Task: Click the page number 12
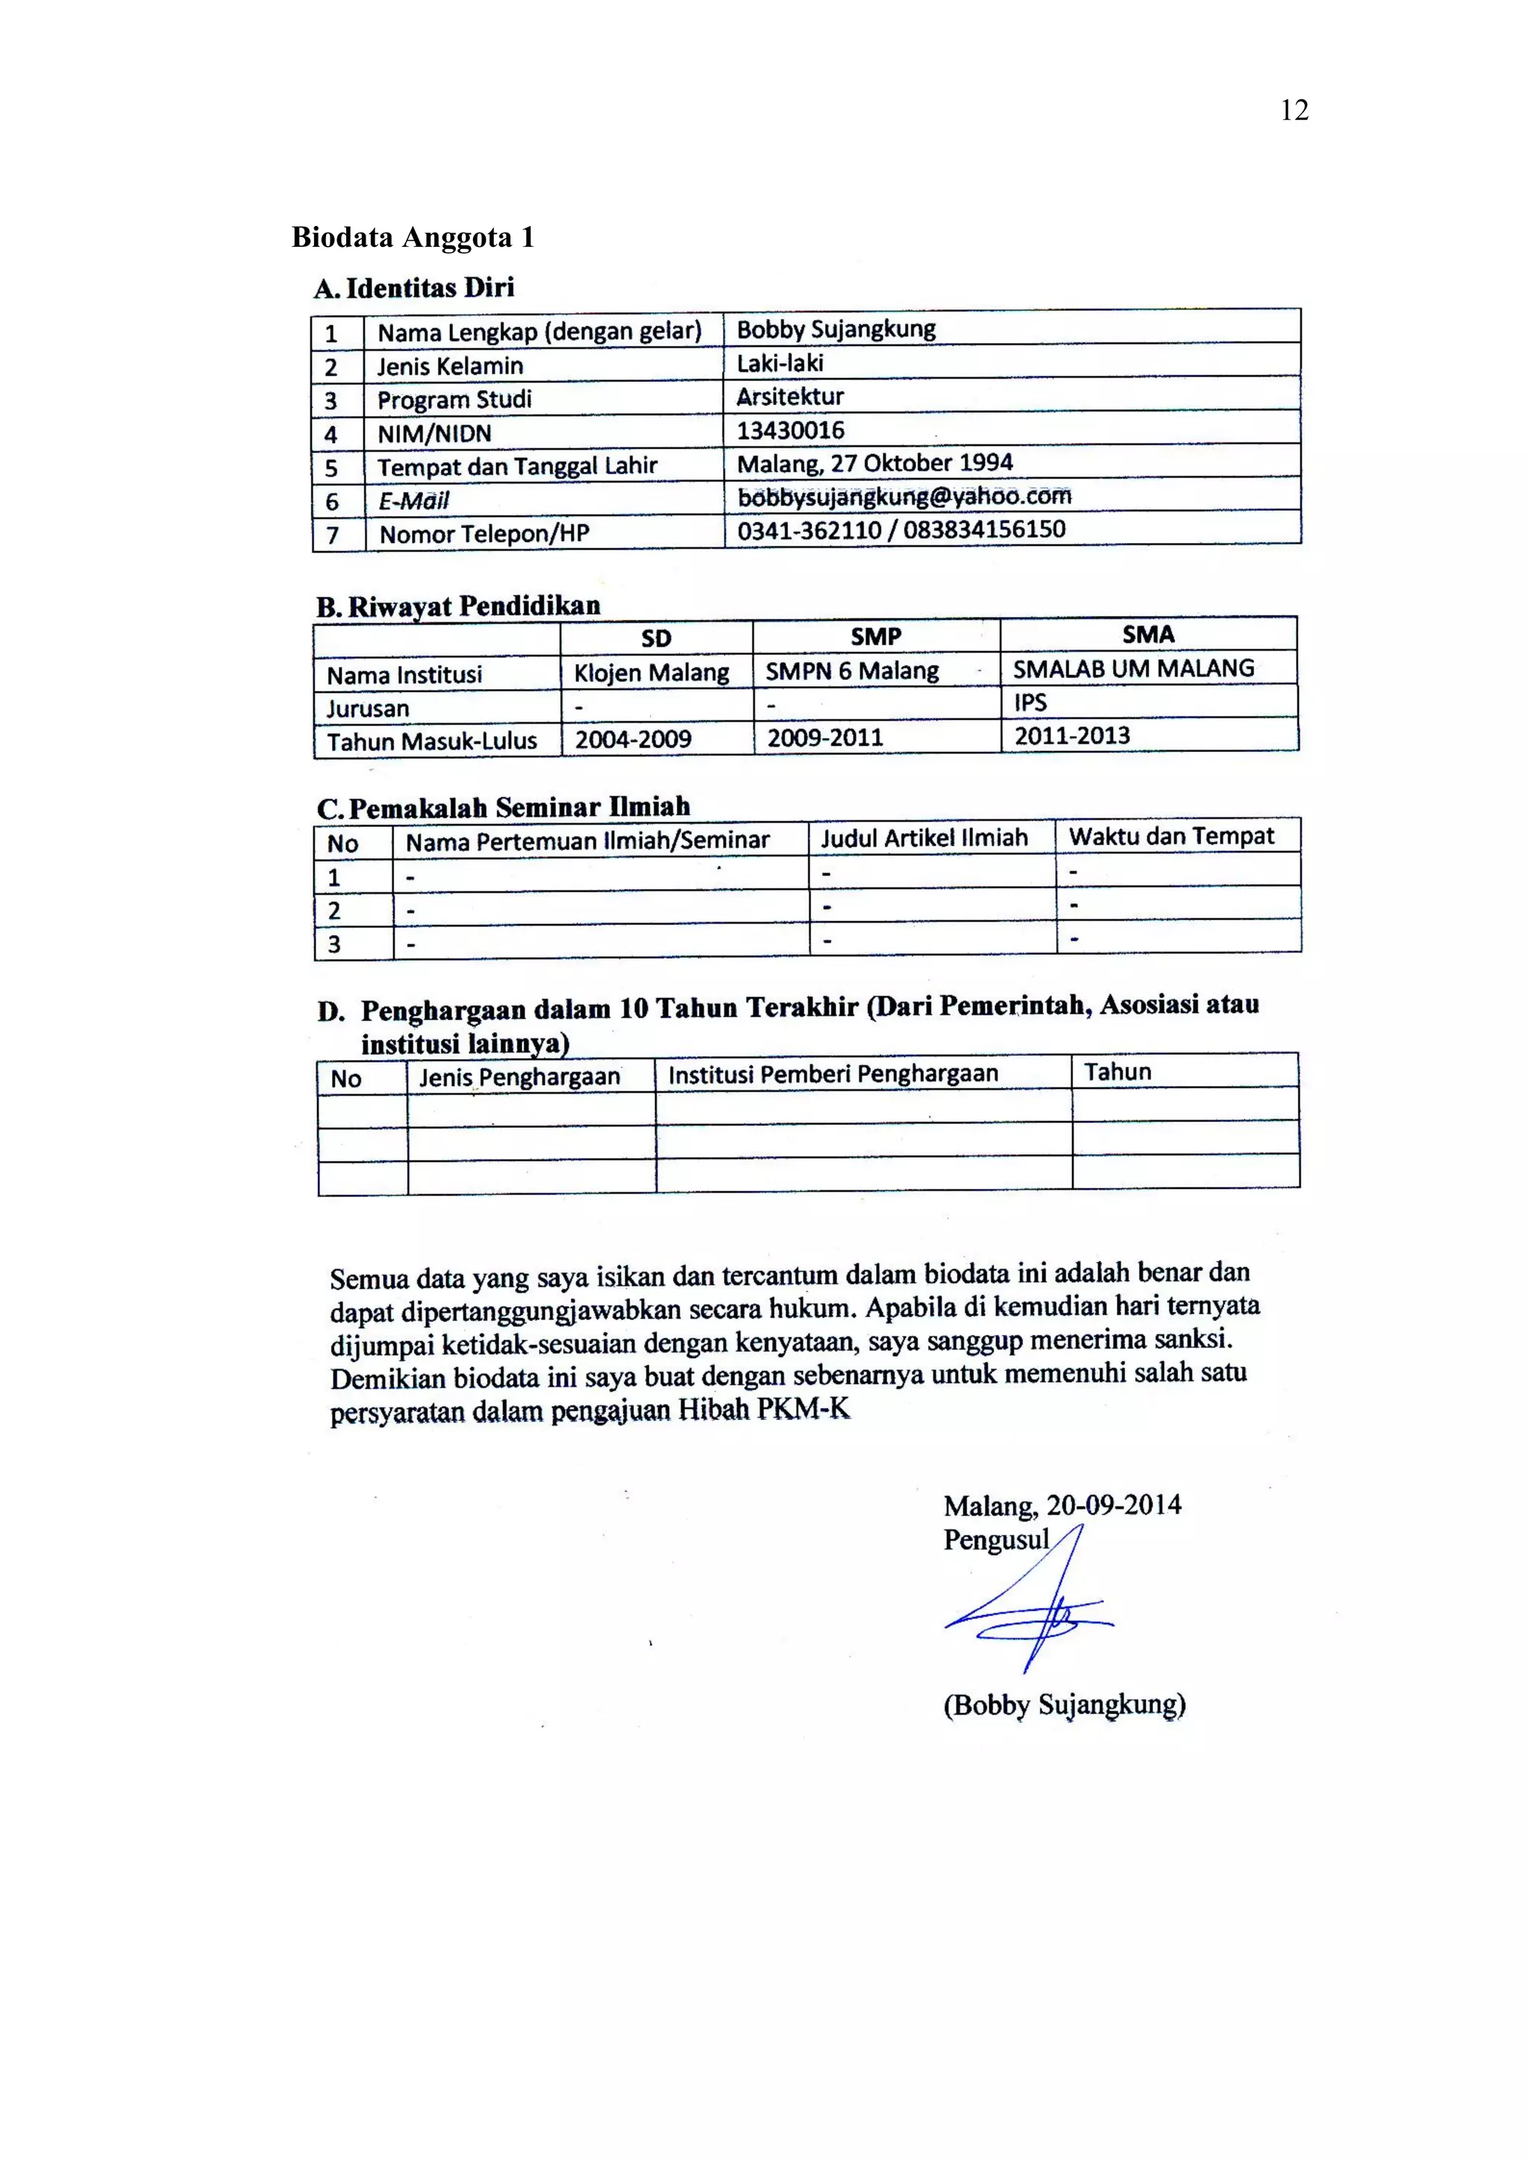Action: click(1294, 111)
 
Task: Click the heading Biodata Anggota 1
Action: click(413, 237)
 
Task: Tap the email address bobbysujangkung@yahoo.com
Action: click(904, 496)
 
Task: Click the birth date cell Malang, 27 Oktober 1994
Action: click(874, 463)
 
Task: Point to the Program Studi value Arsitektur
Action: click(789, 396)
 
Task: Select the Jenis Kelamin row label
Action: click(450, 366)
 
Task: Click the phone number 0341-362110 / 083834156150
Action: click(901, 530)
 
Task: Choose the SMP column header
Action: click(875, 637)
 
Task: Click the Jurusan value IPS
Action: click(1030, 703)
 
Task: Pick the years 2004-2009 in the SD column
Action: click(633, 738)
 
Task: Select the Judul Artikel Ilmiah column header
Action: click(924, 838)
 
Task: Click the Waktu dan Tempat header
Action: click(1171, 835)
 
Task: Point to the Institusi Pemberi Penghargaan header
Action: click(833, 1074)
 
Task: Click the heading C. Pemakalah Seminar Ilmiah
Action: click(504, 807)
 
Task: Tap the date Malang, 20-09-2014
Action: click(1062, 1505)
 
